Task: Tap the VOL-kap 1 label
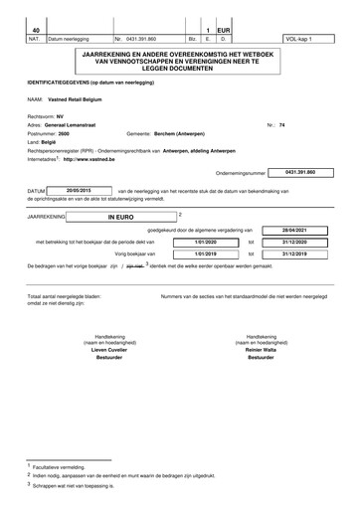(x=297, y=40)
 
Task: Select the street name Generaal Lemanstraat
(x=78, y=125)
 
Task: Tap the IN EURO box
(x=123, y=215)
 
